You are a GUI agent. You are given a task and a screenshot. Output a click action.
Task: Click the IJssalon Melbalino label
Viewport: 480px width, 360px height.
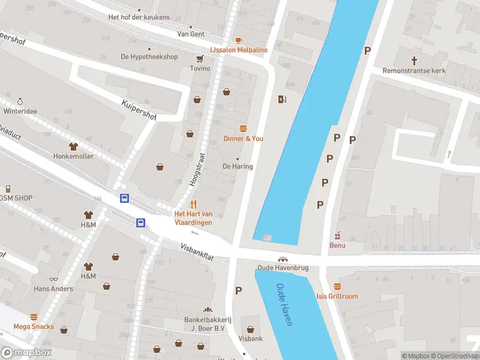(238, 50)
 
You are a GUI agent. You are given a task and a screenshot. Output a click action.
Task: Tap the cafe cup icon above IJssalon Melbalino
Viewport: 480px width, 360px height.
(239, 40)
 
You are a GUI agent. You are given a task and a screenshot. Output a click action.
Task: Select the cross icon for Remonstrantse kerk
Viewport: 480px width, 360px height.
(414, 60)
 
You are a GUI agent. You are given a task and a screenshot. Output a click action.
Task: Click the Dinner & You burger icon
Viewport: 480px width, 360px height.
(243, 128)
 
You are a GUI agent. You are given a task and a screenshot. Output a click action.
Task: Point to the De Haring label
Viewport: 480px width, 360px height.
(238, 166)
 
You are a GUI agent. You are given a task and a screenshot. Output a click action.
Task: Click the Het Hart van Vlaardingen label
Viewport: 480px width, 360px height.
(193, 218)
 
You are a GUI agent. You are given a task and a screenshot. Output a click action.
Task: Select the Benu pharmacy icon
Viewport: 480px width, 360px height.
(337, 235)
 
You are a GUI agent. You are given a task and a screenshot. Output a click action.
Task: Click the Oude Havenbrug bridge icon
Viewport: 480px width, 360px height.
(281, 259)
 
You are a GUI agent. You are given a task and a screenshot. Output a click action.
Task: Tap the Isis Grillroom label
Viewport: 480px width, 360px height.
(337, 296)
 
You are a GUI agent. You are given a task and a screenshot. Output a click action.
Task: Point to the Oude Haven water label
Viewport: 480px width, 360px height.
(284, 304)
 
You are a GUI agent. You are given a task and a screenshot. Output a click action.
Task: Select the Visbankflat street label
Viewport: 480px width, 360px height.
(197, 251)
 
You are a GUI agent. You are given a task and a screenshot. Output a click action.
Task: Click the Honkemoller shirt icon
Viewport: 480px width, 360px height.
(74, 146)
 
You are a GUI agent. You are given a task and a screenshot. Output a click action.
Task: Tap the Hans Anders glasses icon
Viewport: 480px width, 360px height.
(53, 279)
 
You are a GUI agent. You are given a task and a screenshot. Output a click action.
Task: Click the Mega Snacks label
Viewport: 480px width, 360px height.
(34, 327)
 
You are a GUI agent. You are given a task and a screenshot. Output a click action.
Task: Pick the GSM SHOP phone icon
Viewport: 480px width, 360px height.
(8, 188)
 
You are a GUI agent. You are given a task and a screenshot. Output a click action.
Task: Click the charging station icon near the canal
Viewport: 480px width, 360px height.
(282, 99)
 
